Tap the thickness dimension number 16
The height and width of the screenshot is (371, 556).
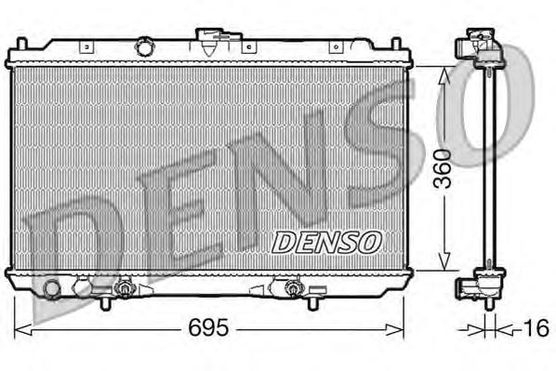click(537, 328)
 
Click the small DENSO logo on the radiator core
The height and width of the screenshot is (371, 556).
click(326, 242)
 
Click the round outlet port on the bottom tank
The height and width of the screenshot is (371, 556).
click(52, 291)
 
